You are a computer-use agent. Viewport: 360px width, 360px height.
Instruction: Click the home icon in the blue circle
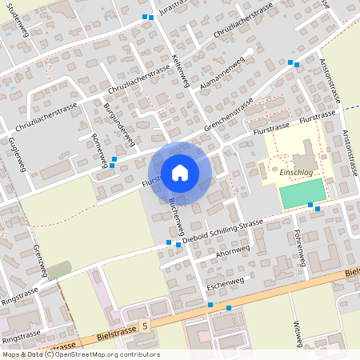[x=180, y=172]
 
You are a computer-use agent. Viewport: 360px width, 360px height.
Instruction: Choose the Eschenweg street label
[x=225, y=283]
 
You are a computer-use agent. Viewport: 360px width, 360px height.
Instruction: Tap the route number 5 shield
[x=145, y=326]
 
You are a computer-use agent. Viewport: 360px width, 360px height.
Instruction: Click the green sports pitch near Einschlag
[x=303, y=193]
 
